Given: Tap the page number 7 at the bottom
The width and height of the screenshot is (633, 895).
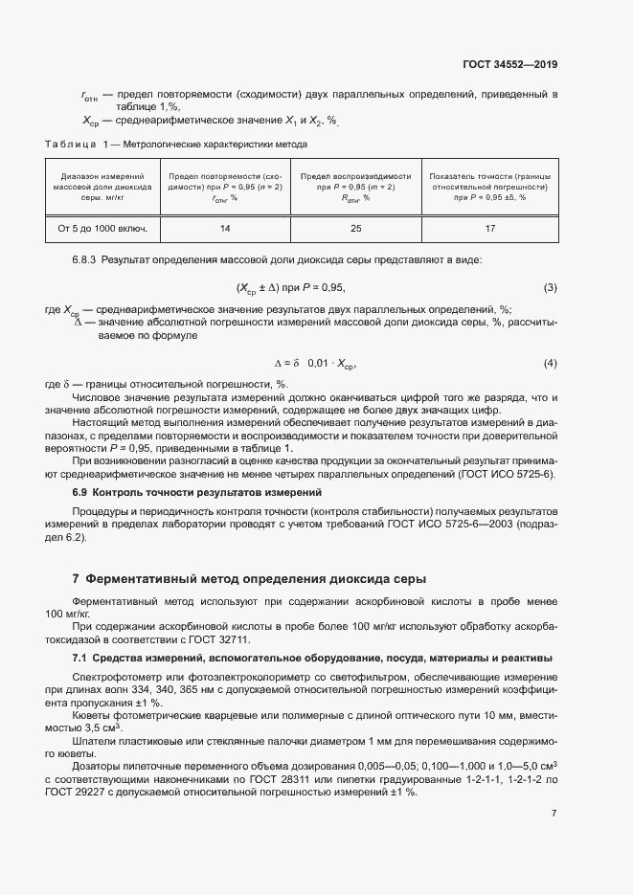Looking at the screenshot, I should [x=554, y=813].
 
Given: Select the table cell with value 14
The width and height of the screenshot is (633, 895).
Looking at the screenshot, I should [x=225, y=229].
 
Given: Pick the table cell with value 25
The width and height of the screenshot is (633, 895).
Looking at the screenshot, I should [x=355, y=229].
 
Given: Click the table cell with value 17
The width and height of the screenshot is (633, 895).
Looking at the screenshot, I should [x=489, y=229].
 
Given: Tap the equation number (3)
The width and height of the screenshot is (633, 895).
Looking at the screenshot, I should [x=550, y=287].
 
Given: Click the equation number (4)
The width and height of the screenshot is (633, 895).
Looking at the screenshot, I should [x=550, y=364].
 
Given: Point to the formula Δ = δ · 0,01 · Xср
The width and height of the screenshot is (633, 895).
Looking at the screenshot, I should [x=315, y=364].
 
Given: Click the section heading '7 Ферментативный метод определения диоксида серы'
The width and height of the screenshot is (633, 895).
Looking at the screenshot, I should [x=249, y=579].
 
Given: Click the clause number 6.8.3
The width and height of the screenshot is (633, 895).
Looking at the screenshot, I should [x=85, y=260].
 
